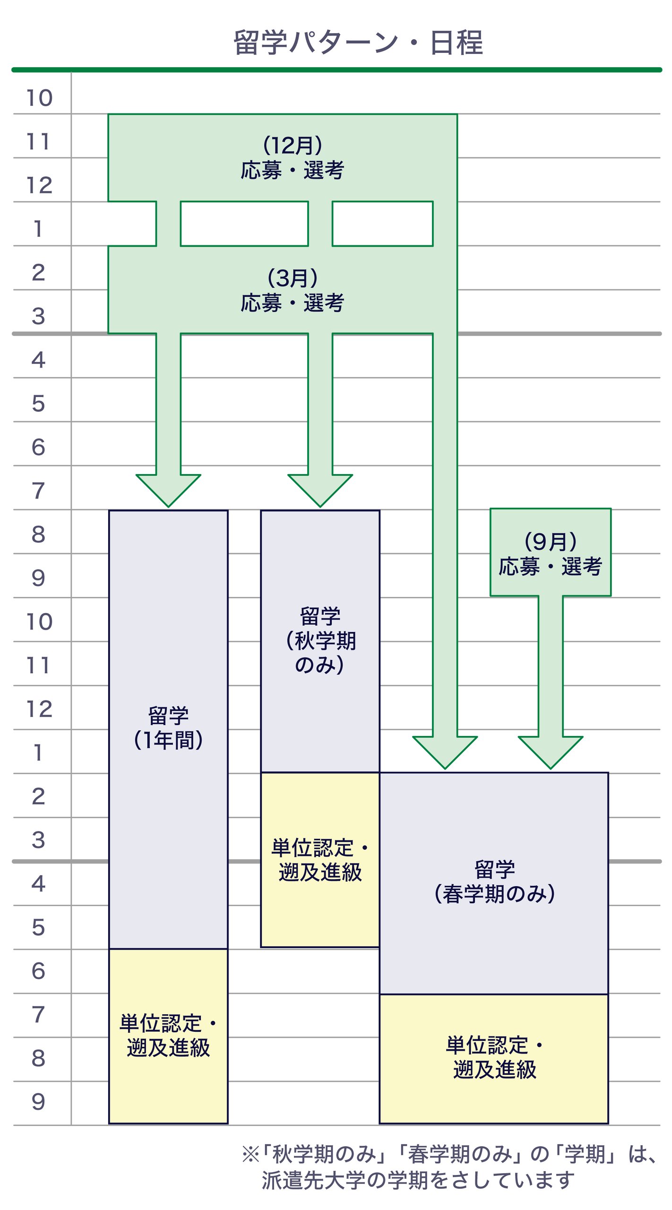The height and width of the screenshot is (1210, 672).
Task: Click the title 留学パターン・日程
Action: (358, 43)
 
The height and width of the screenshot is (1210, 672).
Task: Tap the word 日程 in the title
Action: (457, 43)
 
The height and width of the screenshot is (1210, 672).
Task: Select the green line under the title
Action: (336, 70)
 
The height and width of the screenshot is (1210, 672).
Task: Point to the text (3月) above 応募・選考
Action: (293, 278)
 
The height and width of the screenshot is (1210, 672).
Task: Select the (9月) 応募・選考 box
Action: (551, 552)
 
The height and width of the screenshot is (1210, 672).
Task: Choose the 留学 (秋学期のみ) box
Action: (320, 640)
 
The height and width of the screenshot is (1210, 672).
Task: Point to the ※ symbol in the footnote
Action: (250, 1155)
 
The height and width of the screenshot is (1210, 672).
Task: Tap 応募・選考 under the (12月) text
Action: (293, 170)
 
